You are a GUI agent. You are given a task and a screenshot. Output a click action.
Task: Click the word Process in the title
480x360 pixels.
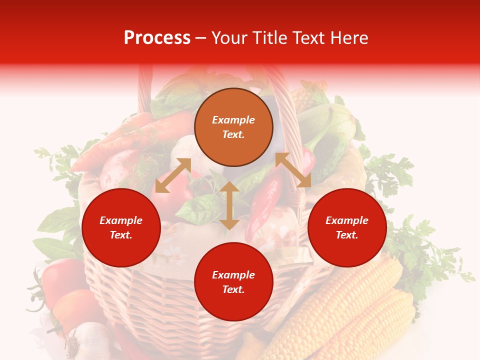(x=157, y=38)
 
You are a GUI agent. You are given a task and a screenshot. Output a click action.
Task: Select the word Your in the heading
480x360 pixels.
(x=230, y=38)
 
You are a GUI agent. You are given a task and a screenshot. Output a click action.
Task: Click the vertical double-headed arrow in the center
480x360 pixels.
(x=229, y=205)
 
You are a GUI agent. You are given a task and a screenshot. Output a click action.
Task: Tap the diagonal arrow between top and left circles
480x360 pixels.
(x=173, y=175)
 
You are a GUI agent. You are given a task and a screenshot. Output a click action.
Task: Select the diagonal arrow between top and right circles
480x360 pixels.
(x=293, y=170)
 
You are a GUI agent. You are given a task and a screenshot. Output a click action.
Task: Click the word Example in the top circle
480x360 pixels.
(x=233, y=120)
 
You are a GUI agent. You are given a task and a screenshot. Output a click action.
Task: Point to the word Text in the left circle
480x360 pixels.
(x=121, y=235)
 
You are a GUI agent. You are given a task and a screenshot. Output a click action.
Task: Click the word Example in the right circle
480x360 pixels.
(x=347, y=220)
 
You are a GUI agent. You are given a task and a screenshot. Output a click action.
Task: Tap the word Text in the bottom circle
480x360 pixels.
(x=233, y=290)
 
